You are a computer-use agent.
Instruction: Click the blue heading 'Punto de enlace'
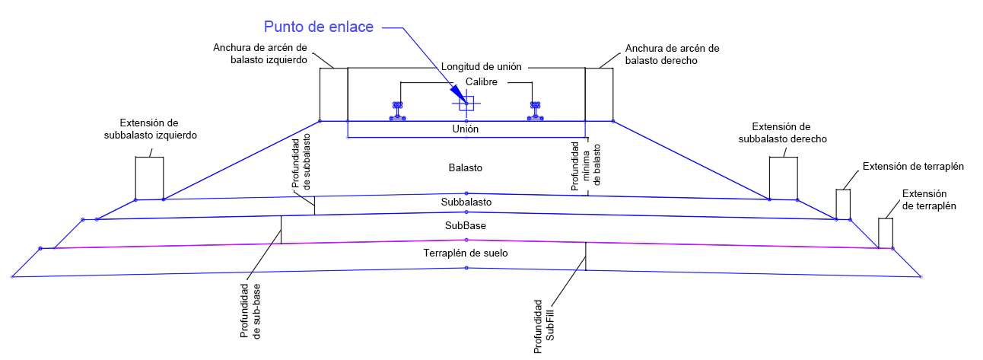point(319,27)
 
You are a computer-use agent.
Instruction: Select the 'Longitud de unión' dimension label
point(482,67)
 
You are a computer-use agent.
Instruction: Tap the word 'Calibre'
point(482,82)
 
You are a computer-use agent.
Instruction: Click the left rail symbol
point(398,111)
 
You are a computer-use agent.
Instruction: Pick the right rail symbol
point(536,111)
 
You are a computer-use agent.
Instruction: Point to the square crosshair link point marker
point(466,104)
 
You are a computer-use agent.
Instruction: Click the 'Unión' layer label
point(466,129)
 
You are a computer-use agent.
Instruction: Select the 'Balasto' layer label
point(466,167)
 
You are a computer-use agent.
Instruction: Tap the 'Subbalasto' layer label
point(466,202)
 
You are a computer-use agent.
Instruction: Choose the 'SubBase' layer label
point(466,225)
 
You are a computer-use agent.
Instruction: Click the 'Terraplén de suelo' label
point(466,253)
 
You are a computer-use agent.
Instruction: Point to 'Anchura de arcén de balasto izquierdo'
point(260,53)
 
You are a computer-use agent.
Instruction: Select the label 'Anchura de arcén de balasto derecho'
point(673,55)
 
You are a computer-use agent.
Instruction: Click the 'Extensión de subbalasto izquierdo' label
point(151,129)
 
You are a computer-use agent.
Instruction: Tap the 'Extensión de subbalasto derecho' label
point(782,133)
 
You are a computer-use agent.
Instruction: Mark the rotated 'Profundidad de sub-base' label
point(250,311)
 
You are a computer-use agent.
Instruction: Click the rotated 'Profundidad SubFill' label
point(544,327)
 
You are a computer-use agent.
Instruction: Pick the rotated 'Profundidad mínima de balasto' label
point(586,166)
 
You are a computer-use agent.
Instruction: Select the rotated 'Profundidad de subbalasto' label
point(301,161)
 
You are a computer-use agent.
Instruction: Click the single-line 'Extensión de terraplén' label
point(913,167)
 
